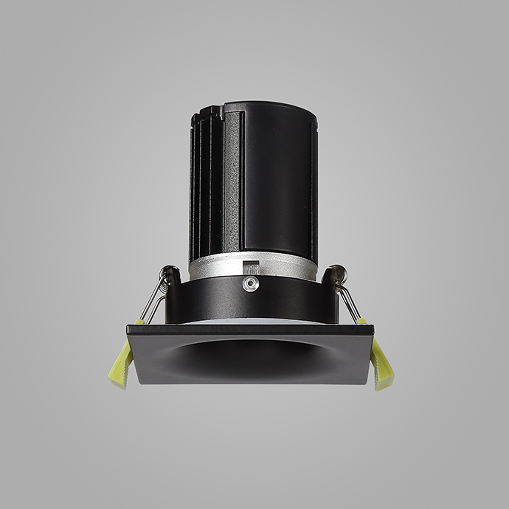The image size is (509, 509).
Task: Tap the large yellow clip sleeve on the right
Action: (382, 365)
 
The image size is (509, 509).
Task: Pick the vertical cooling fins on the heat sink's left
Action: (205, 185)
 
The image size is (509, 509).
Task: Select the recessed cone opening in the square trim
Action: (250, 356)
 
